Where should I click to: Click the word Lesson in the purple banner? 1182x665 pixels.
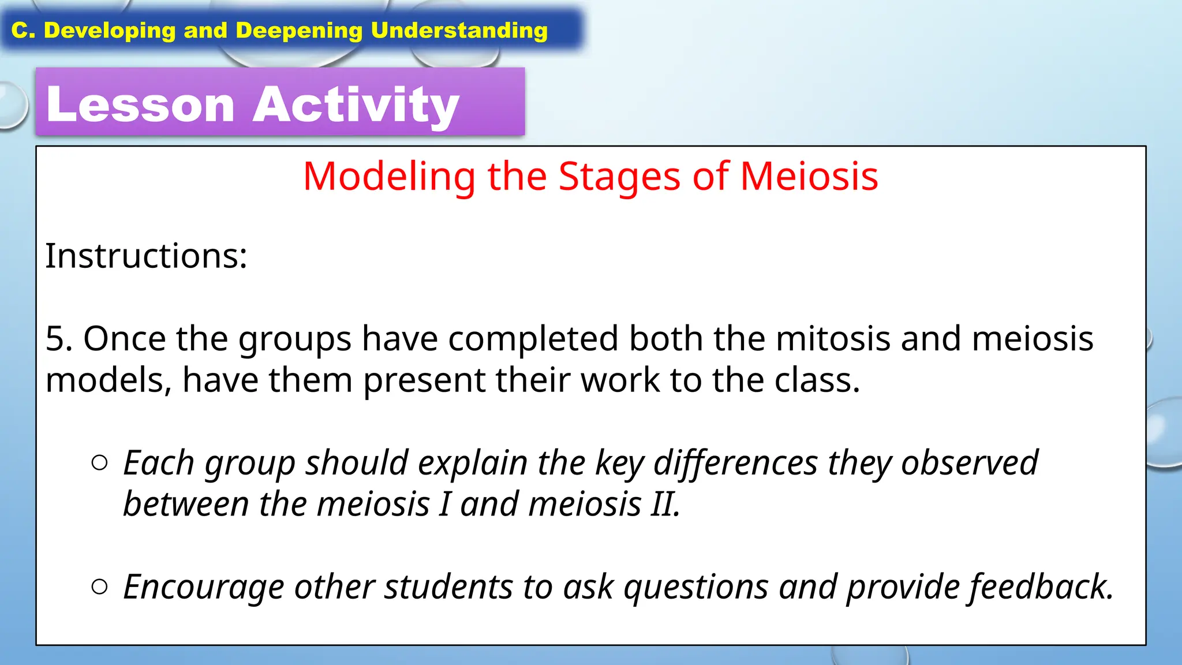click(140, 104)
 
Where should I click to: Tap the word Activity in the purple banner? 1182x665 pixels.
click(356, 104)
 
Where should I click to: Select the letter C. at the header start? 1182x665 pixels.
click(24, 31)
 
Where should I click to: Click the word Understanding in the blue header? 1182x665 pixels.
click(459, 31)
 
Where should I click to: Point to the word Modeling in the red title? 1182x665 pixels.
click(389, 176)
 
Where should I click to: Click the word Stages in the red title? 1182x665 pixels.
click(619, 176)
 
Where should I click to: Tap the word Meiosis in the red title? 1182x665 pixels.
click(809, 176)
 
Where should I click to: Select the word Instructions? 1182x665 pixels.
click(146, 256)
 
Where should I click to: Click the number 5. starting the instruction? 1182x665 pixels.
click(59, 338)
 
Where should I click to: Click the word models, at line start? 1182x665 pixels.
click(109, 381)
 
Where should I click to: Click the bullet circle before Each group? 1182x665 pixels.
click(99, 462)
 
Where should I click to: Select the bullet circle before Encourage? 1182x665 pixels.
click(99, 586)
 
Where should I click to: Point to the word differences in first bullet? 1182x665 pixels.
click(735, 463)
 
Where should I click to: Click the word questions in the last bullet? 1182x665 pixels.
click(696, 587)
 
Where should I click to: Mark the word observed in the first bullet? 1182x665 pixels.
click(970, 463)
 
